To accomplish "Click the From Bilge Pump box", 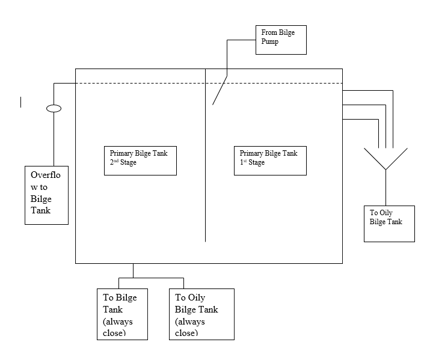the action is pyautogui.click(x=281, y=40).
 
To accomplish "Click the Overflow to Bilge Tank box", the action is pyautogui.click(x=46, y=195).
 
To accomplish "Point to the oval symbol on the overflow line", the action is pyautogui.click(x=54, y=109).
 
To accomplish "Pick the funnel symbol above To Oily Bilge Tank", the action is pyautogui.click(x=386, y=159).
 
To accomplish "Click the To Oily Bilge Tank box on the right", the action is pyautogui.click(x=390, y=224).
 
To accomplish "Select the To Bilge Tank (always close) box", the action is pyautogui.click(x=122, y=314).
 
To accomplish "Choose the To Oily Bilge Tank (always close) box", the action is pyautogui.click(x=202, y=314).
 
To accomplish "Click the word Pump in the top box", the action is pyautogui.click(x=270, y=41).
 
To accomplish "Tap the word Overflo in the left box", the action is pyautogui.click(x=46, y=175).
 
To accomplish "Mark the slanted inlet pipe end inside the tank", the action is pyautogui.click(x=213, y=105).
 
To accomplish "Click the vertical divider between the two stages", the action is pyautogui.click(x=205, y=155).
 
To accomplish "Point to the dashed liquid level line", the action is pyautogui.click(x=209, y=84).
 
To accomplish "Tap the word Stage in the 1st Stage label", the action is pyautogui.click(x=257, y=162).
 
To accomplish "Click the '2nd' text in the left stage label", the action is pyautogui.click(x=114, y=162).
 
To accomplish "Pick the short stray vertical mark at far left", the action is pyautogui.click(x=20, y=102).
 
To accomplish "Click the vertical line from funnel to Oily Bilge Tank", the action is pyautogui.click(x=386, y=188).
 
